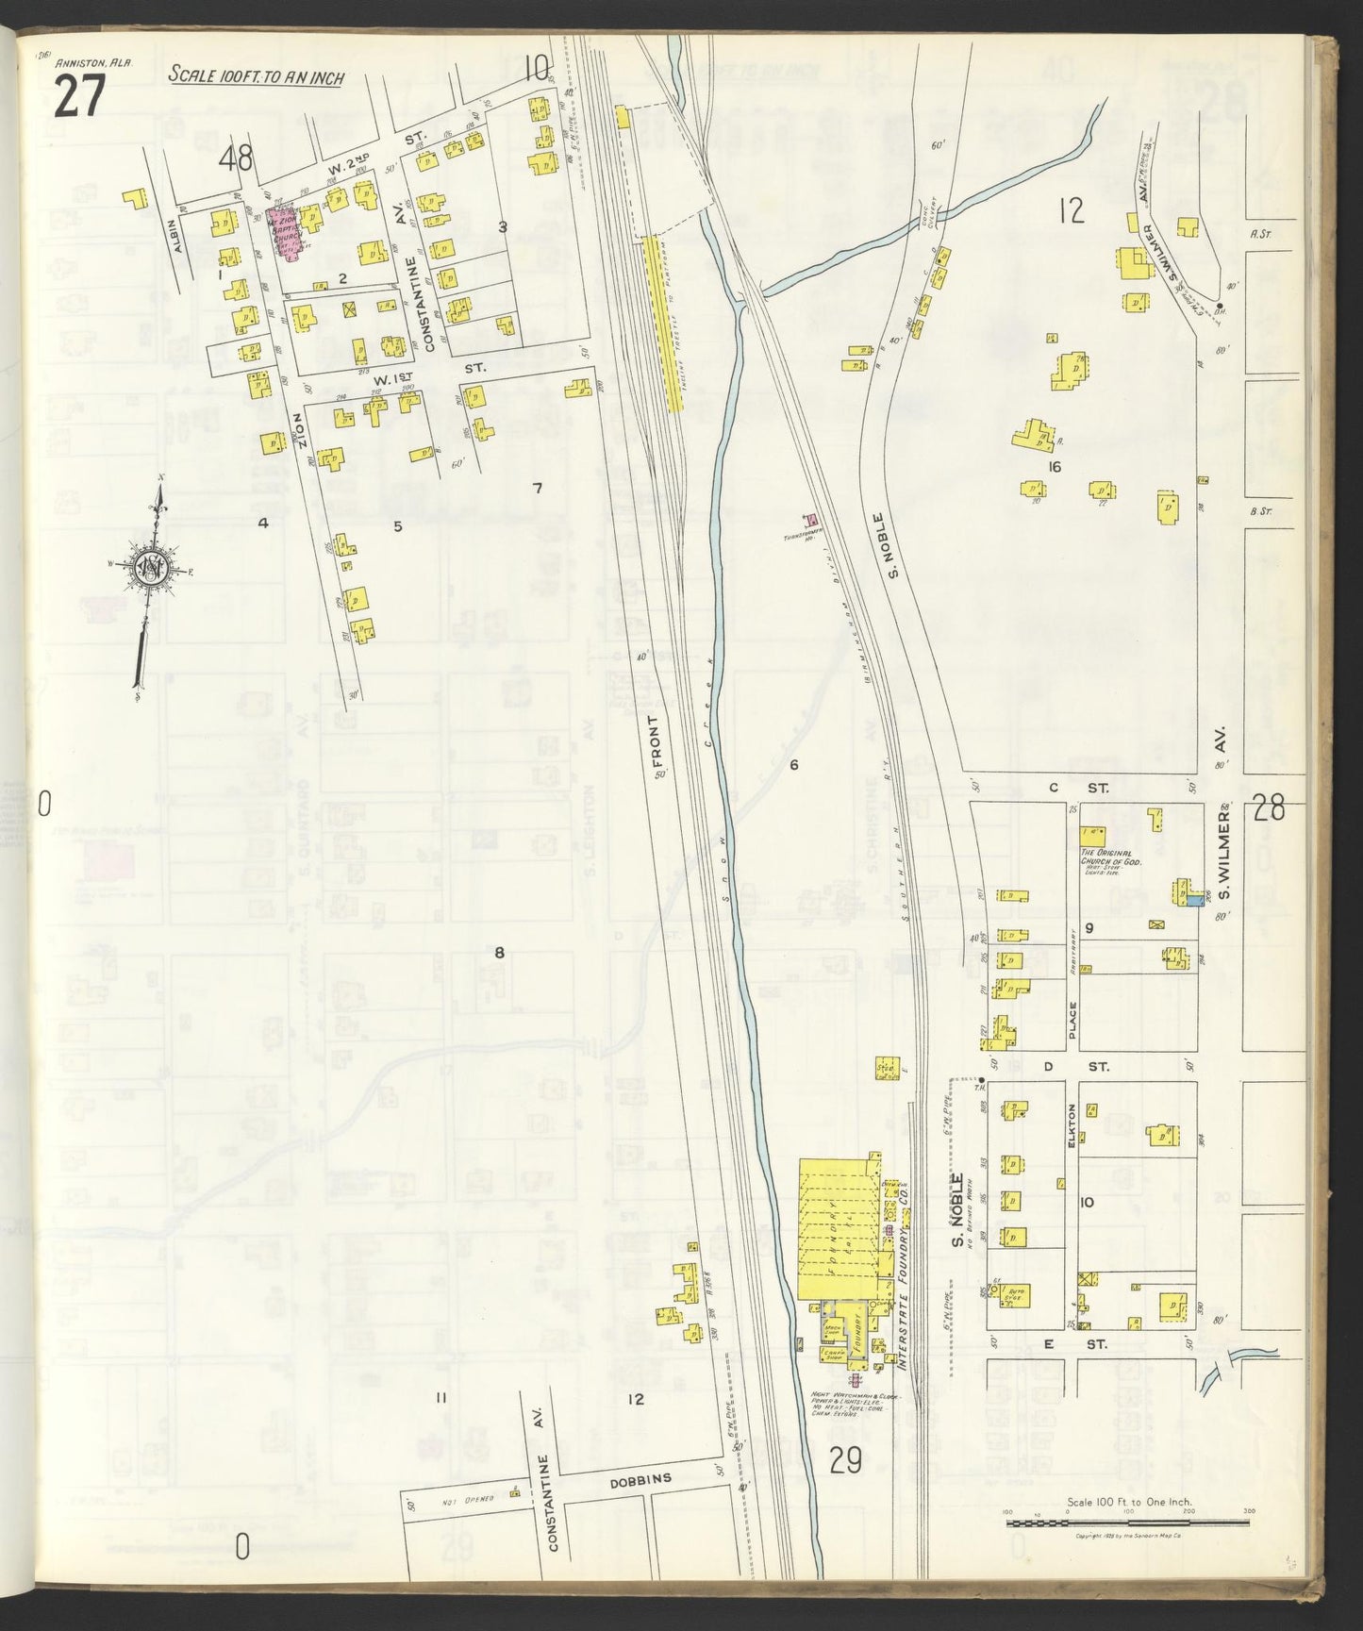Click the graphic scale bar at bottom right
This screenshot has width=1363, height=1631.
click(x=1128, y=1523)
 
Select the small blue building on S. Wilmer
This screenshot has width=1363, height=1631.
click(x=1195, y=901)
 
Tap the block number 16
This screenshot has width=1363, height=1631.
click(x=1054, y=467)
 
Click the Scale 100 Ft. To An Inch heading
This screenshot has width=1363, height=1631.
click(x=255, y=76)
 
